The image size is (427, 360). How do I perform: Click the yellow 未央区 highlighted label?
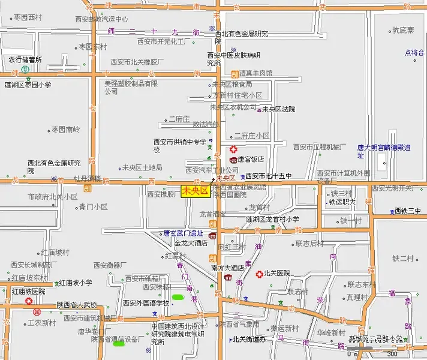pyautogui.click(x=194, y=191)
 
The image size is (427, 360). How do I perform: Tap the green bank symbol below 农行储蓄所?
pyautogui.click(x=25, y=70)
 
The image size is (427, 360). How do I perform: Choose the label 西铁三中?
pyautogui.click(x=408, y=211)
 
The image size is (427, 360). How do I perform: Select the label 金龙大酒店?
pyautogui.click(x=191, y=243)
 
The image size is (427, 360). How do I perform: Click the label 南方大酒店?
pyautogui.click(x=227, y=268)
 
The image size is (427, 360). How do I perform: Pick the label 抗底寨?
pyautogui.click(x=403, y=29)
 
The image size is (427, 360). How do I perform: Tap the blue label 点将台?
pyautogui.click(x=413, y=52)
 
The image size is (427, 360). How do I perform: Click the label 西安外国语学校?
pyautogui.click(x=146, y=303)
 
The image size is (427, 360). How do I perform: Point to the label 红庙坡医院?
pyautogui.click(x=29, y=291)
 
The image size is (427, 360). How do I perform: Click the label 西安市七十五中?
pyautogui.click(x=268, y=176)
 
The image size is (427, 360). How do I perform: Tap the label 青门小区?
pyautogui.click(x=93, y=207)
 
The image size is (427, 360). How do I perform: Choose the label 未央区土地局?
pyautogui.click(x=142, y=167)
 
